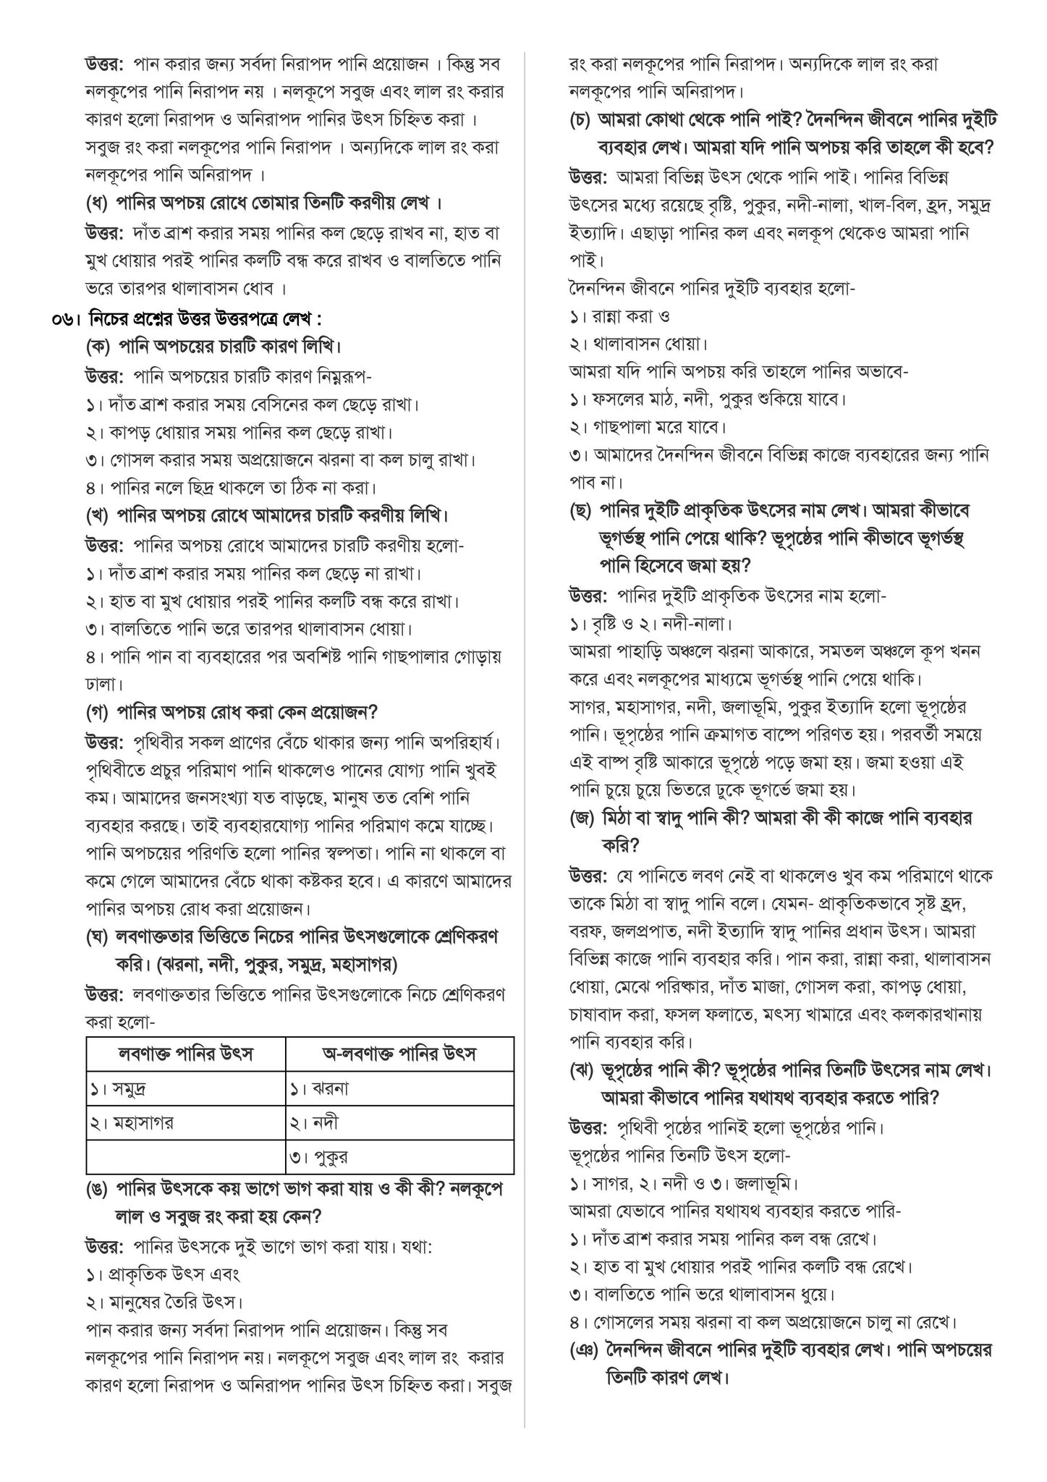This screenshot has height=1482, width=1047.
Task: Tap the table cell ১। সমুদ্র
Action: [x=123, y=1088]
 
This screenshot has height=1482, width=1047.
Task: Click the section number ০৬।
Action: [x=67, y=318]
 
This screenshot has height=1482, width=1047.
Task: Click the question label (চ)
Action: [x=581, y=119]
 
